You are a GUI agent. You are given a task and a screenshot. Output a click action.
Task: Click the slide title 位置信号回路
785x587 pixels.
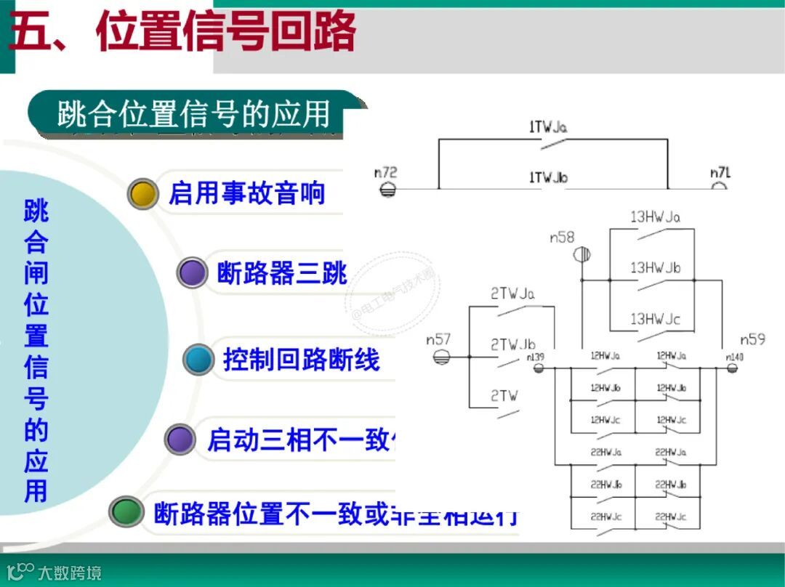tap(225, 32)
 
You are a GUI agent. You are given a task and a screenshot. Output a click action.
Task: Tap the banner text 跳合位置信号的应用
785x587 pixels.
tap(193, 115)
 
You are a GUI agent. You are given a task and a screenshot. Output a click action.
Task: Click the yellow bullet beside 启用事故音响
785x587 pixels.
tap(143, 193)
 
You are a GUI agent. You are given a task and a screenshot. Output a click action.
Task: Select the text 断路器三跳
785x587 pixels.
tap(282, 273)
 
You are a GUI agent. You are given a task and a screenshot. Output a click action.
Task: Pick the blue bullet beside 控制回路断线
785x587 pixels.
tap(198, 360)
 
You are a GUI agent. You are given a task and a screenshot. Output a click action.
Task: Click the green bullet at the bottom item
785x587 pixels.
tap(126, 511)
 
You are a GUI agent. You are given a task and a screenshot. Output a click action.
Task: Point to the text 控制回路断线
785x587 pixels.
tap(301, 360)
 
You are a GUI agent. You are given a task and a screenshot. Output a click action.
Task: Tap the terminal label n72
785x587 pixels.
tap(385, 173)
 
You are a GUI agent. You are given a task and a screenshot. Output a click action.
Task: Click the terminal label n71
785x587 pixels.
tap(720, 173)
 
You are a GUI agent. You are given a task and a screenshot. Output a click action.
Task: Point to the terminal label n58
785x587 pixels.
tap(562, 238)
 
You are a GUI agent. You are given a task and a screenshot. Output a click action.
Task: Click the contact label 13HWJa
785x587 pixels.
tap(655, 216)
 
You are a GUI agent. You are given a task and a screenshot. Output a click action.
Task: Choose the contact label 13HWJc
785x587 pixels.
tap(655, 319)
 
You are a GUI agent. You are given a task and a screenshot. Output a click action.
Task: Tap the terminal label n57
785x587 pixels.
tap(438, 339)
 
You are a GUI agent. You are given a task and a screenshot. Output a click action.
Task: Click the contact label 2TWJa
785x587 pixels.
tap(512, 294)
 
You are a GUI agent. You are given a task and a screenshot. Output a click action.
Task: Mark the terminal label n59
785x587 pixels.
tap(752, 339)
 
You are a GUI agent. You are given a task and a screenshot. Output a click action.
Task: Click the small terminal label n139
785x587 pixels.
tap(535, 357)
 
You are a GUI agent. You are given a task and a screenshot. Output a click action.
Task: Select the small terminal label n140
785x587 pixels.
tap(734, 357)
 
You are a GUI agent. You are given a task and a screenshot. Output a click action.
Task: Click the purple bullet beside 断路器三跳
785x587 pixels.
tap(192, 273)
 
